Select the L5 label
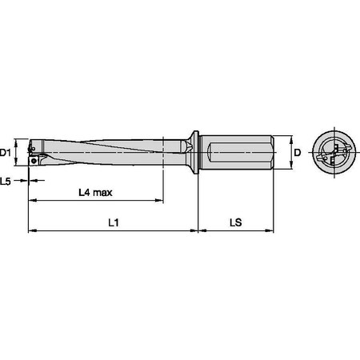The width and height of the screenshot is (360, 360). [7, 182]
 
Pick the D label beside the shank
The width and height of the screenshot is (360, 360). [297, 152]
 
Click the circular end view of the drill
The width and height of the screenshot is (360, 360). [331, 151]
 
